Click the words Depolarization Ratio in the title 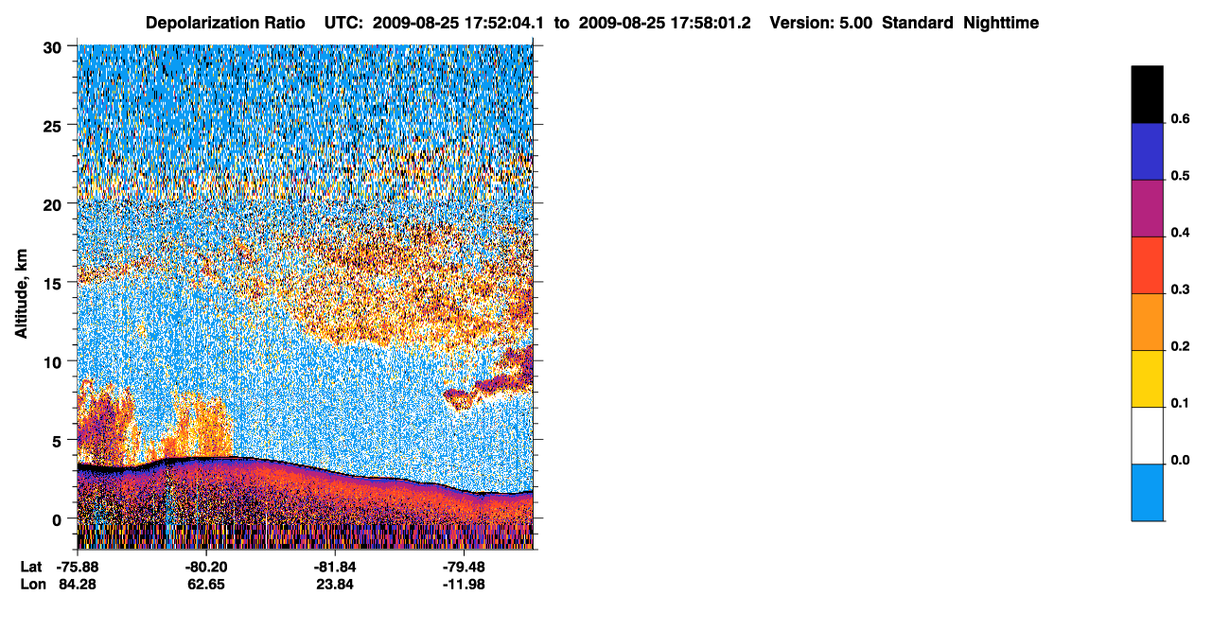[225, 23]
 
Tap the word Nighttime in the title [1001, 23]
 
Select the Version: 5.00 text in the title [821, 23]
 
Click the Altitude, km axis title [21, 293]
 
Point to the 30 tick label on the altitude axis [52, 48]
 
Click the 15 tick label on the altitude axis [52, 284]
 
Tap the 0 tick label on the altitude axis [57, 520]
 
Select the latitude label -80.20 [206, 567]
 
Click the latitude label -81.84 [335, 567]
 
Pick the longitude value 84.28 [78, 585]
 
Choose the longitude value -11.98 [464, 585]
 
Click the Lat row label [31, 567]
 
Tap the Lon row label [33, 585]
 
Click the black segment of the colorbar [1147, 95]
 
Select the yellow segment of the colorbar [1147, 379]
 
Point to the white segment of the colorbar [1147, 435]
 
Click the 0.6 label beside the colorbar [1180, 118]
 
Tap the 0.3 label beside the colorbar [1180, 289]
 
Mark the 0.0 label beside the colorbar [1180, 460]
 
